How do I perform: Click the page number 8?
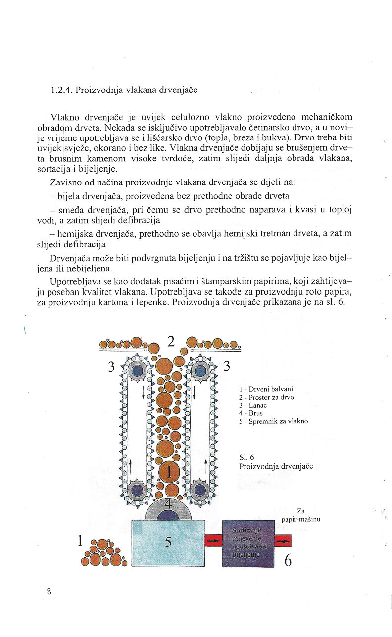pyautogui.click(x=49, y=591)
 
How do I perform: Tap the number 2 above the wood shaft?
pyautogui.click(x=171, y=341)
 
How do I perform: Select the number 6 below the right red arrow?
pyautogui.click(x=287, y=560)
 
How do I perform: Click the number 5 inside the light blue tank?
pyautogui.click(x=168, y=542)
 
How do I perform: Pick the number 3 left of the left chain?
pyautogui.click(x=112, y=366)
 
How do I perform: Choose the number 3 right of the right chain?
pyautogui.click(x=227, y=366)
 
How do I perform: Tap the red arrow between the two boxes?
pyautogui.click(x=213, y=541)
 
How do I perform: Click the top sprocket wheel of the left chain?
pyautogui.click(x=137, y=370)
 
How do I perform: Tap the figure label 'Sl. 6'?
pyautogui.click(x=246, y=457)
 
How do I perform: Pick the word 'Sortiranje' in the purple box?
pyautogui.click(x=246, y=531)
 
